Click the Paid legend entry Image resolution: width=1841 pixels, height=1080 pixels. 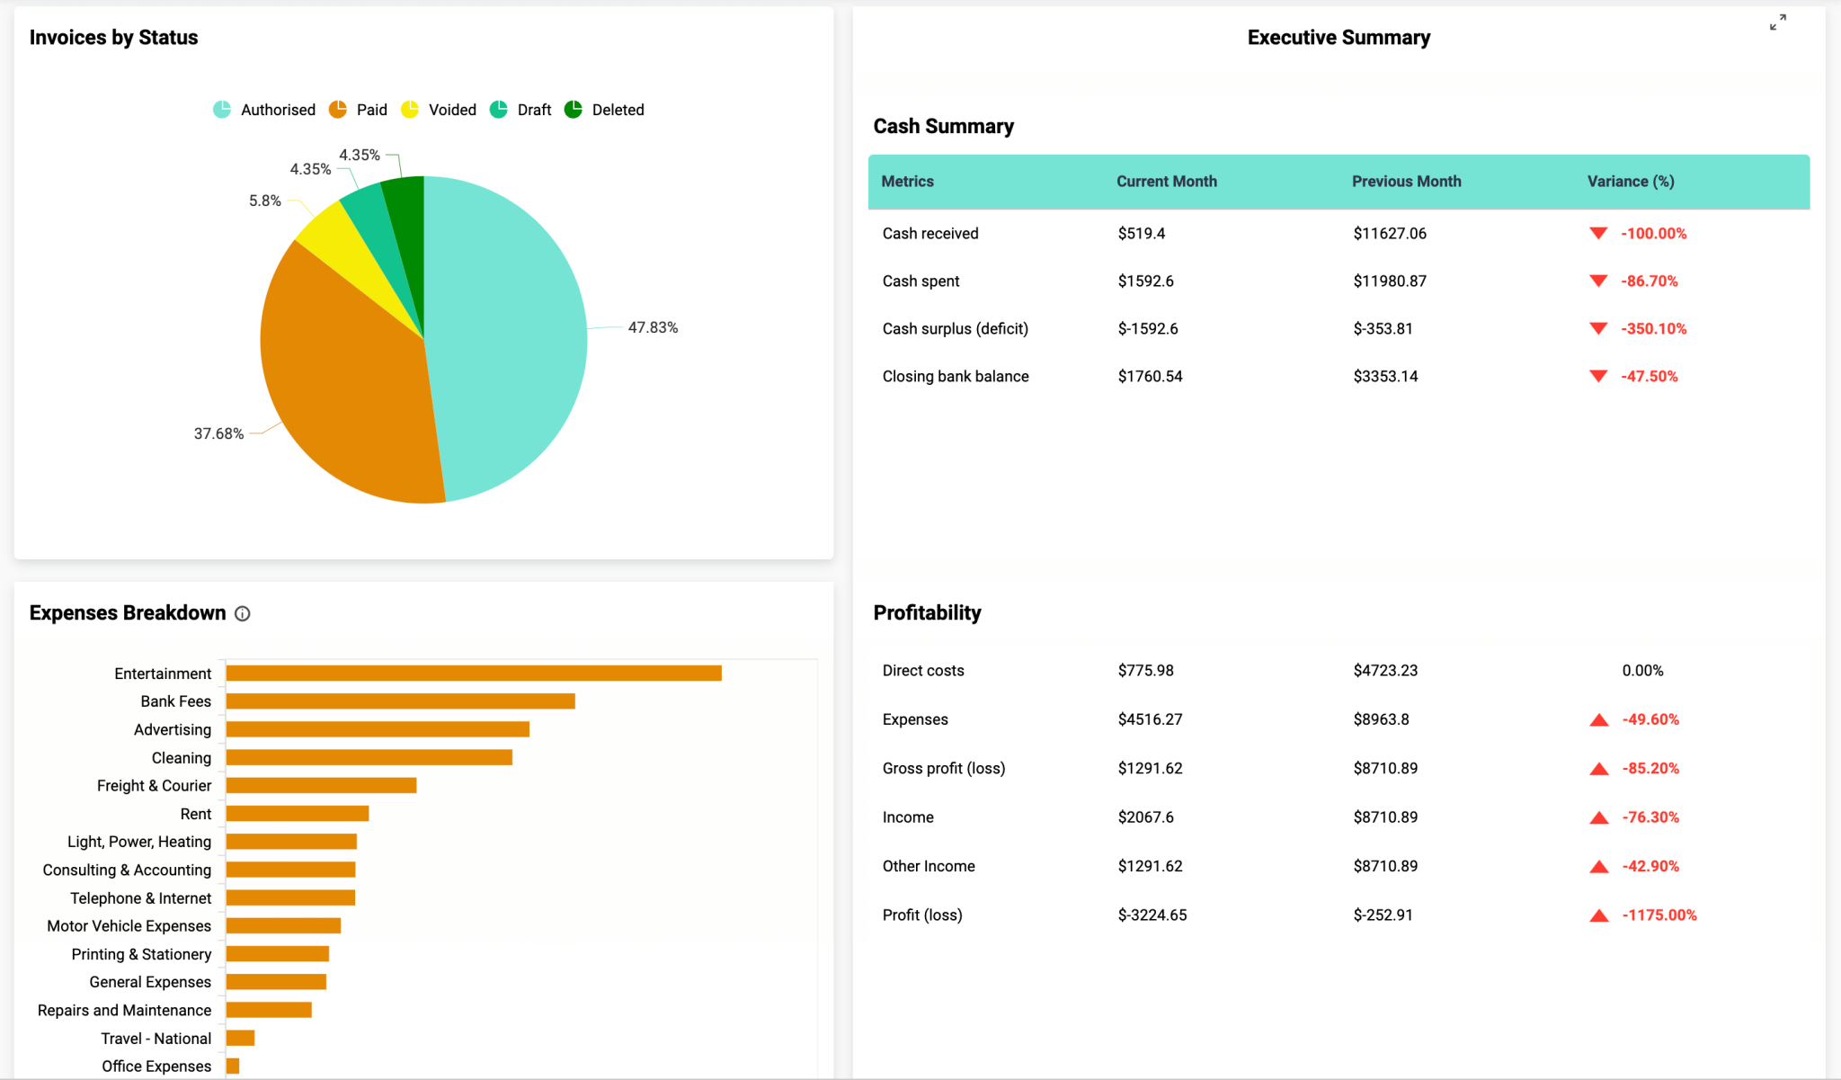360,110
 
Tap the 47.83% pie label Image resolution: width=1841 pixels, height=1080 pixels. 653,327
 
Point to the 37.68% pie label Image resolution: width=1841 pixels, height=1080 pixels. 218,433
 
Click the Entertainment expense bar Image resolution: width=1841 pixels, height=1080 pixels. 474,674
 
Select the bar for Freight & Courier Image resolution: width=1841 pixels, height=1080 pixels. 321,786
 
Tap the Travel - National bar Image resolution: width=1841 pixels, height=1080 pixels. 240,1039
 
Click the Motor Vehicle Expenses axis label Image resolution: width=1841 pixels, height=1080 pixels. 129,926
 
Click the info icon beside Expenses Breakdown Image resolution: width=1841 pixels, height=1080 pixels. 243,613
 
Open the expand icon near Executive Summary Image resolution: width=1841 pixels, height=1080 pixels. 1777,22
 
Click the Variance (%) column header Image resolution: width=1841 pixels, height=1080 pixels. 1630,182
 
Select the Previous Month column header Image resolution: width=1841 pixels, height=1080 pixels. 1406,182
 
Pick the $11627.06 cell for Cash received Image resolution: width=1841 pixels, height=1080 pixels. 1390,234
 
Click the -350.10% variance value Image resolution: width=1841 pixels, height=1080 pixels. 1653,329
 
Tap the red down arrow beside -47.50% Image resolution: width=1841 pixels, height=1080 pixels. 1598,377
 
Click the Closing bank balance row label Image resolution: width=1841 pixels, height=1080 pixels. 955,377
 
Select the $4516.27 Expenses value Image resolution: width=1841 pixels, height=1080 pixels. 1150,719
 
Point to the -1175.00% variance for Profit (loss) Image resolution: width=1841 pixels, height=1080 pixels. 1659,915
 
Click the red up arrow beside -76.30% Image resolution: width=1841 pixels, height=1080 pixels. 1598,817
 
